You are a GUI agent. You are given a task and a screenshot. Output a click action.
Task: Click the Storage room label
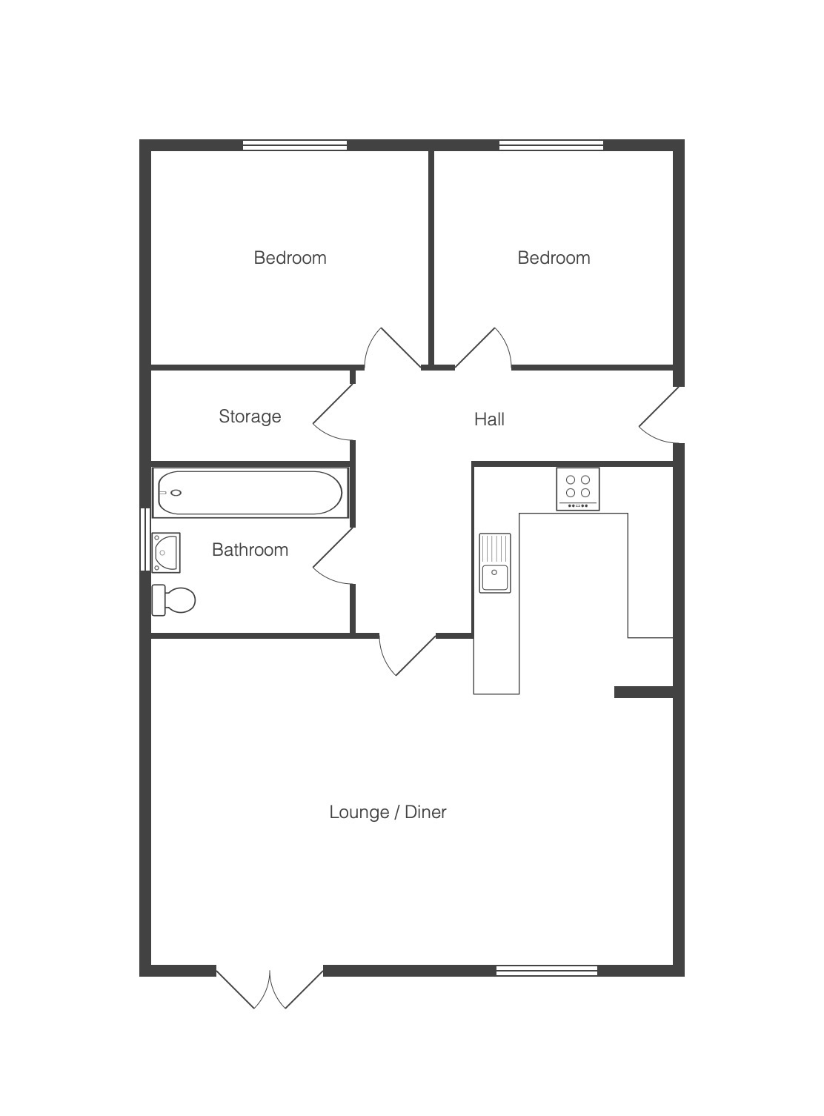[x=250, y=416]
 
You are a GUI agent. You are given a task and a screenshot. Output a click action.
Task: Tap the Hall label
[x=489, y=419]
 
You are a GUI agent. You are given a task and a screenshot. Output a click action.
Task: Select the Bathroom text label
[x=250, y=549]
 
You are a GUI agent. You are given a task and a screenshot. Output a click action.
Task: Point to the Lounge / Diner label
[x=388, y=811]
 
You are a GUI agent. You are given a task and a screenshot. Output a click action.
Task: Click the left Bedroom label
[x=290, y=258]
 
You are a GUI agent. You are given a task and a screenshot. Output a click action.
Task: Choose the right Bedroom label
[x=554, y=258]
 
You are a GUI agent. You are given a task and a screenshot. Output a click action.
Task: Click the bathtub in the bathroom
[x=250, y=493]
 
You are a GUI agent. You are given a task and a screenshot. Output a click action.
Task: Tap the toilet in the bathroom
[x=173, y=599]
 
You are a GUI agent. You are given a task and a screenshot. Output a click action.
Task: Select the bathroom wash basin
[x=166, y=553]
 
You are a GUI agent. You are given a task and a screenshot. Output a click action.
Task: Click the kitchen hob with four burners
[x=578, y=488]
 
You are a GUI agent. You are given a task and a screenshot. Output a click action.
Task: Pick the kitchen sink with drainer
[x=495, y=563]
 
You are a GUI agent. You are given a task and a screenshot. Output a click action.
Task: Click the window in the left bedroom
[x=295, y=145]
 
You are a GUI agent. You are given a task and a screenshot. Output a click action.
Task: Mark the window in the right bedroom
[x=551, y=145]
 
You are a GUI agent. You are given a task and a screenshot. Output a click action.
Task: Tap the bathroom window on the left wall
[x=145, y=539]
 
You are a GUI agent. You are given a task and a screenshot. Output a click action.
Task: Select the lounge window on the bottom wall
[x=547, y=971]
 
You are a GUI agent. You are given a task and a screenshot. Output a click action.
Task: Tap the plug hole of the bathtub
[x=176, y=493]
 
